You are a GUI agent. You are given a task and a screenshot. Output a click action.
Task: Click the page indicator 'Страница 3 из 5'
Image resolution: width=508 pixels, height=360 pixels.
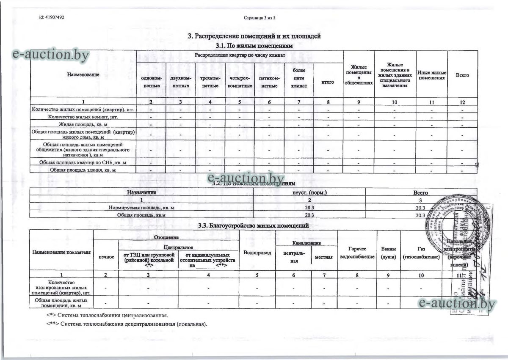click(x=260, y=18)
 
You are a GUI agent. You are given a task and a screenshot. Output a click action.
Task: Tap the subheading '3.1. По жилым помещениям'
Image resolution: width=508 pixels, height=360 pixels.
click(x=254, y=45)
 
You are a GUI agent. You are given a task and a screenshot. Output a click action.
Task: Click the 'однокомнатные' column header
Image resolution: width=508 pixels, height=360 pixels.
click(x=151, y=82)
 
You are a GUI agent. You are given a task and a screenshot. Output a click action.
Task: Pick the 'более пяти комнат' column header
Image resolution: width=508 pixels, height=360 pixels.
click(x=299, y=78)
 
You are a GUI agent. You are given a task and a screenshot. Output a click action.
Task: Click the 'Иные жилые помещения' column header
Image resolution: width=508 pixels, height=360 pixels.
click(x=432, y=75)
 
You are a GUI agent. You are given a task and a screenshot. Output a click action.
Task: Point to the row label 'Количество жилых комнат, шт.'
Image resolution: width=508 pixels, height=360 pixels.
click(x=83, y=116)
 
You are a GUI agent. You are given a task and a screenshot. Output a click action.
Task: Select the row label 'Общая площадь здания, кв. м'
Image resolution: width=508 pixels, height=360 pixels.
click(x=83, y=170)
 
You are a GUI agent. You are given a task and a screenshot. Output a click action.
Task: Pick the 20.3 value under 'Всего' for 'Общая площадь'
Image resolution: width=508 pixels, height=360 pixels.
click(x=420, y=215)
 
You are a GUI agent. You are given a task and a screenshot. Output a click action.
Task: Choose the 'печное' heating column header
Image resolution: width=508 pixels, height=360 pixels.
click(x=106, y=257)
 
